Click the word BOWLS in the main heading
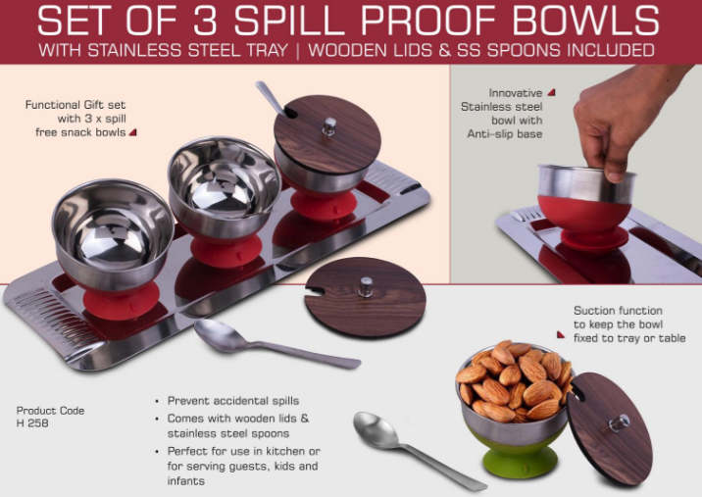[x=585, y=21]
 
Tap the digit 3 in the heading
[x=206, y=21]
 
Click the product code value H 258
[x=32, y=423]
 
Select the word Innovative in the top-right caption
[x=516, y=93]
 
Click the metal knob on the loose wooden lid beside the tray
[x=366, y=286]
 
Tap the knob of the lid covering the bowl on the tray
[x=329, y=126]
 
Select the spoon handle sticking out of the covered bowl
[x=271, y=98]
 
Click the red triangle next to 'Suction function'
[x=561, y=334]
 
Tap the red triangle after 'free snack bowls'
[x=133, y=132]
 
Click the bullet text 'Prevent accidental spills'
[x=232, y=401]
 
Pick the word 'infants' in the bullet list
[x=186, y=481]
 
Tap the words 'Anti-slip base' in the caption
[x=505, y=134]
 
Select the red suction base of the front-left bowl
[x=121, y=301]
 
